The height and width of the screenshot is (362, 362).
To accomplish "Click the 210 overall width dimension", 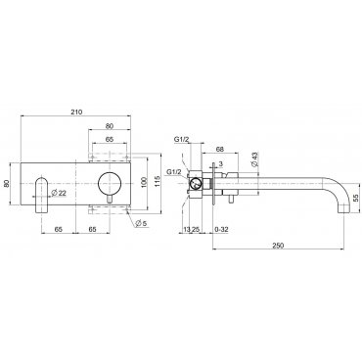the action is pyautogui.click(x=76, y=112).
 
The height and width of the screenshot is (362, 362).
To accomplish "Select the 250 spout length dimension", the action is pyautogui.click(x=278, y=246).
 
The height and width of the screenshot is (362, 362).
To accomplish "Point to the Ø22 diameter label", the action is pyautogui.click(x=59, y=193).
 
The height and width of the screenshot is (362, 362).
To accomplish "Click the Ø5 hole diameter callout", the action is pyautogui.click(x=141, y=223).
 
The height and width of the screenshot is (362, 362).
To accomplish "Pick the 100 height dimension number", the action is pyautogui.click(x=145, y=182).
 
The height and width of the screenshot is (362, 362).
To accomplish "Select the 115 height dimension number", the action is pyautogui.click(x=157, y=182).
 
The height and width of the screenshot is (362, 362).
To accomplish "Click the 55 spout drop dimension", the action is pyautogui.click(x=355, y=198).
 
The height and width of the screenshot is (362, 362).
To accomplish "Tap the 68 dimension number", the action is pyautogui.click(x=220, y=150).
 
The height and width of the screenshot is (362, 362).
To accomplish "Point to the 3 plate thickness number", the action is pyautogui.click(x=221, y=163).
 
